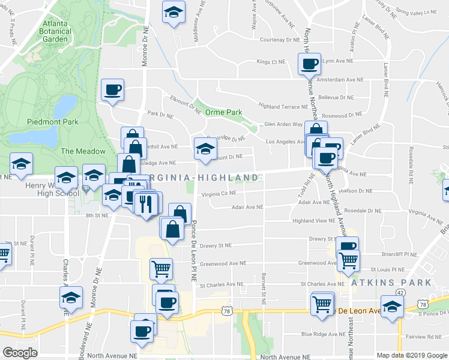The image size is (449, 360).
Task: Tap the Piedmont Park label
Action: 53,121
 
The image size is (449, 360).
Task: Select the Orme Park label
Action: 223,112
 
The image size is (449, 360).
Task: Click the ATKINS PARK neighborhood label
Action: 391,282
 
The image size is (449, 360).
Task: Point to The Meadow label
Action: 83,151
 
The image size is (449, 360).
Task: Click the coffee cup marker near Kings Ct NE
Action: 310,64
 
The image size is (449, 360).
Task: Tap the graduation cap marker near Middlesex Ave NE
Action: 173,12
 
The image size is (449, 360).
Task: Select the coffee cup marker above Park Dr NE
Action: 112,91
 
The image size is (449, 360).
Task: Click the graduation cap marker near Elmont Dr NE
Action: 205,149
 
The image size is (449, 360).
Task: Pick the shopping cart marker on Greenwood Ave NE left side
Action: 161,270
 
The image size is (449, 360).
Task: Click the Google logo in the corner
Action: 20,353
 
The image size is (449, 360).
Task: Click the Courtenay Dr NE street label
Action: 279,40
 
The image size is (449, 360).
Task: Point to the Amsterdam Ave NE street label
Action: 340,79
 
